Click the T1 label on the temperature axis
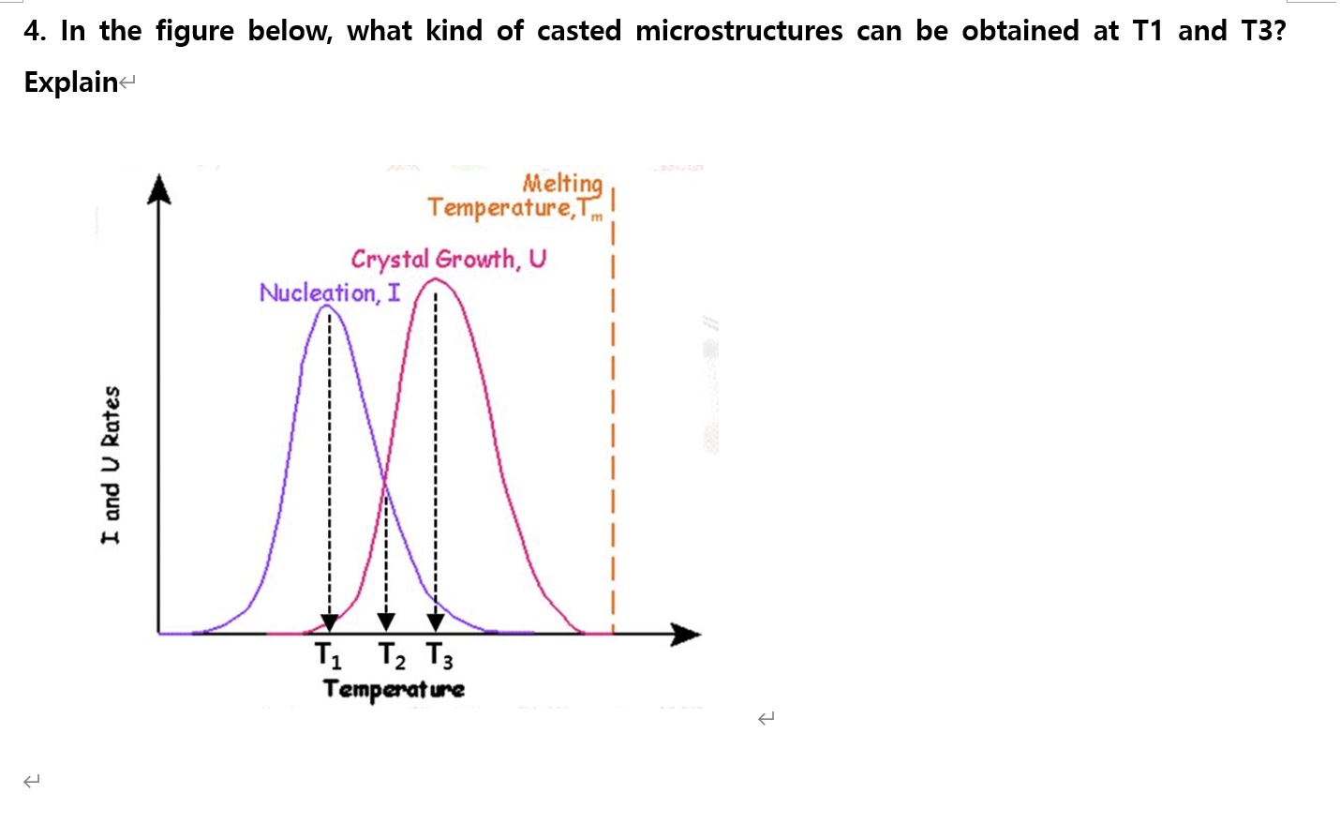[x=328, y=654]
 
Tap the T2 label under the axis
[x=392, y=655]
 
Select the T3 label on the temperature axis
[x=439, y=655]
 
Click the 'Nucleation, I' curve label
[x=329, y=292]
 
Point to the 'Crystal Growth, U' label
[x=448, y=259]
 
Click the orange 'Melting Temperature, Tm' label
[x=515, y=196]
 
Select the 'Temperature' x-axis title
[x=394, y=689]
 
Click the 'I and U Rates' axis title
[x=111, y=465]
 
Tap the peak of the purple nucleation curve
[x=327, y=307]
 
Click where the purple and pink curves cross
[x=385, y=481]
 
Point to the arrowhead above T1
[x=329, y=622]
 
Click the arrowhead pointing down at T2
[x=386, y=621]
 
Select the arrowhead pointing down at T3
[x=436, y=621]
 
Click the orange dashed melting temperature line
[x=612, y=422]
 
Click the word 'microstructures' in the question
[x=738, y=31]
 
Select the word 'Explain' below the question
[x=71, y=82]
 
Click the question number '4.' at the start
[x=35, y=31]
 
